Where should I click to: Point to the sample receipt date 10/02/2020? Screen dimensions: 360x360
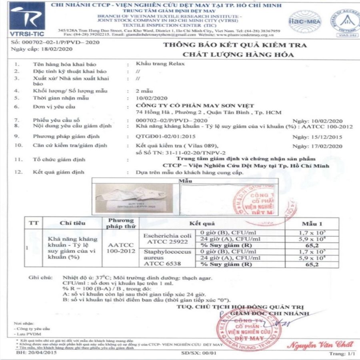(150, 98)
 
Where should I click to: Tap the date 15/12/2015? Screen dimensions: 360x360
(329, 136)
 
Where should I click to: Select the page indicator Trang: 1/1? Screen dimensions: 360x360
(342, 354)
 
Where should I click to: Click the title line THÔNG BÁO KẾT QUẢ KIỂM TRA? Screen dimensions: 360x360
(235, 46)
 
